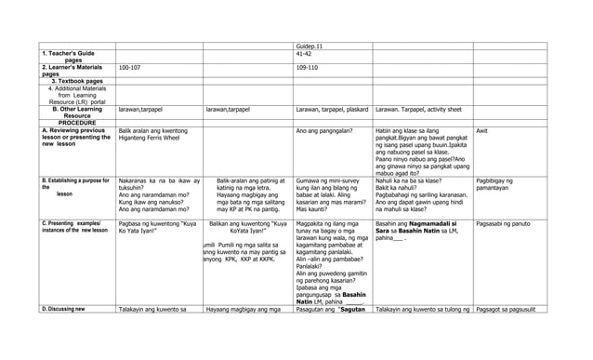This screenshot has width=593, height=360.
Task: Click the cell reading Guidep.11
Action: (310, 45)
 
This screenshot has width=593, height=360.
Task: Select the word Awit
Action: (482, 131)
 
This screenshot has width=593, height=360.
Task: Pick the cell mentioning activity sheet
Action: (421, 109)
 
